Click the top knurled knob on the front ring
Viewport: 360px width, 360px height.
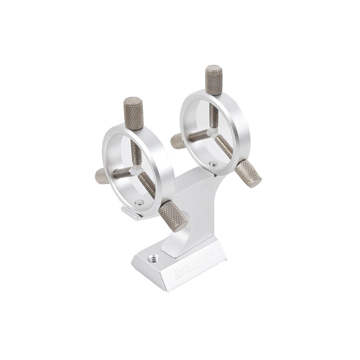point(133,113)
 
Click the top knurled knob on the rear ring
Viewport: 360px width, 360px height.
point(214,80)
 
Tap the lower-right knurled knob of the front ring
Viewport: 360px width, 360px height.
point(173,216)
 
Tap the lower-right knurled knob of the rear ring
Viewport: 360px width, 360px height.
point(248,173)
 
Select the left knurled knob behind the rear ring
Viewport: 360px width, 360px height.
point(177,141)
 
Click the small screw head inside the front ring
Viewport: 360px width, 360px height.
point(139,202)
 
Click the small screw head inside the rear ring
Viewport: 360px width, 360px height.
point(214,163)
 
